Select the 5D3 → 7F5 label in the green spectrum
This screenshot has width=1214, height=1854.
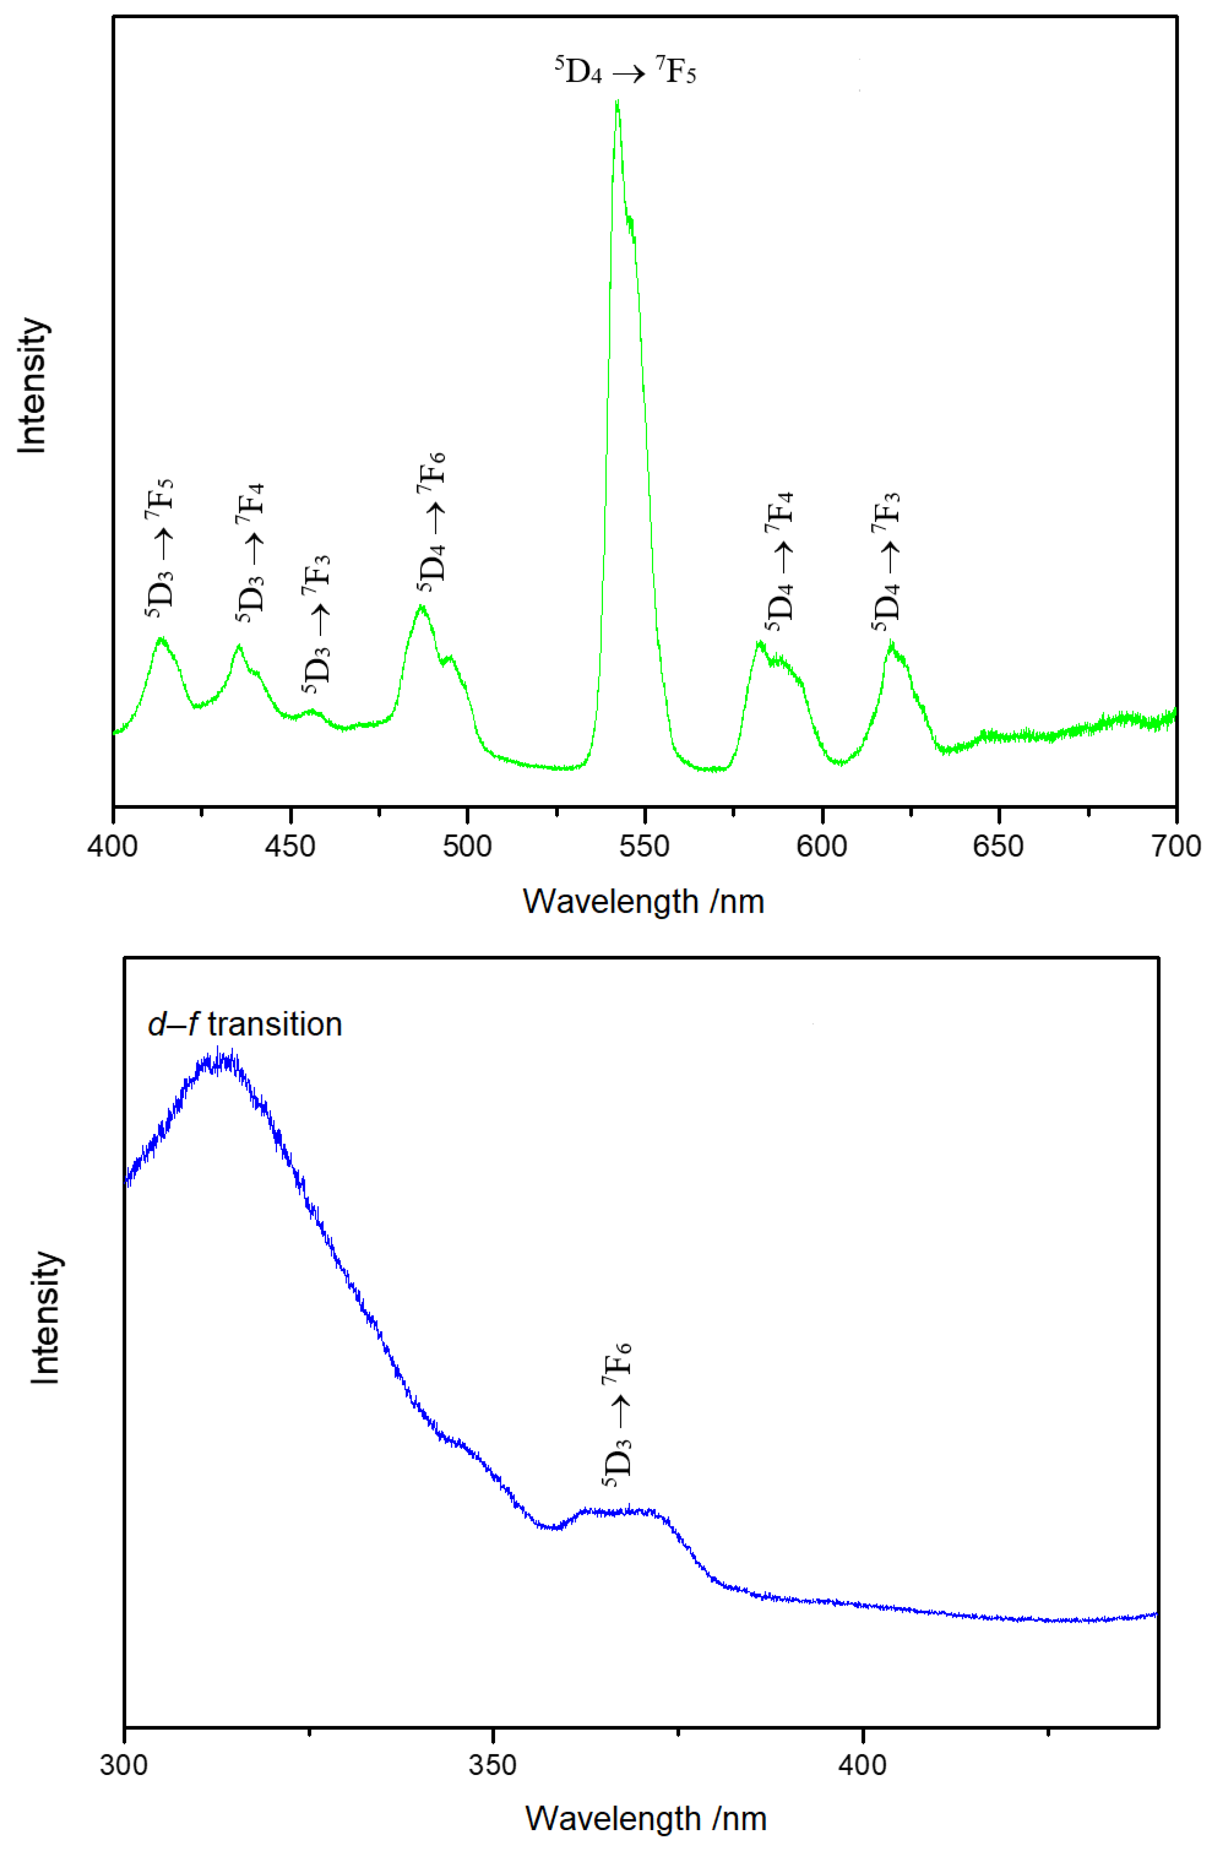160,549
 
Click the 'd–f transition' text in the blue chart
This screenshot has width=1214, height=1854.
245,1024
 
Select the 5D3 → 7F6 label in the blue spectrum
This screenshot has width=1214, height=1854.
617,1410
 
